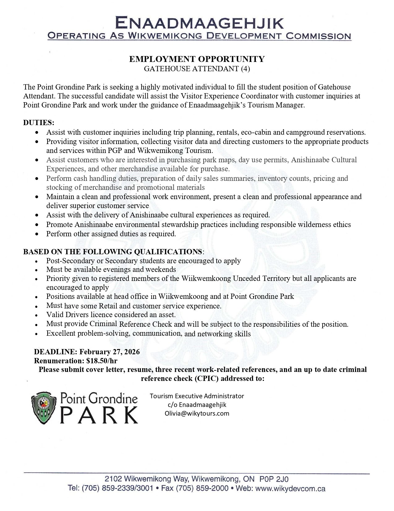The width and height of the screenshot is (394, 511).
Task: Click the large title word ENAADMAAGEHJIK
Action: pyautogui.click(x=199, y=23)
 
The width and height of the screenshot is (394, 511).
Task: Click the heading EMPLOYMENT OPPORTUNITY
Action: pyautogui.click(x=197, y=59)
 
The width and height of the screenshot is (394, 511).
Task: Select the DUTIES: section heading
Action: pyautogui.click(x=39, y=123)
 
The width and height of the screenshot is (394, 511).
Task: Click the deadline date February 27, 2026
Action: pyautogui.click(x=109, y=352)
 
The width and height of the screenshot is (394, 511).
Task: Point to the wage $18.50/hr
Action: pyautogui.click(x=102, y=361)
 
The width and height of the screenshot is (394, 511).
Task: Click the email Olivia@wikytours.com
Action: pyautogui.click(x=197, y=413)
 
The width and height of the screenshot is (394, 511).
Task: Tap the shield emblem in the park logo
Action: pyautogui.click(x=44, y=408)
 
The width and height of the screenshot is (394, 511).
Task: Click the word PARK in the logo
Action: pyautogui.click(x=99, y=415)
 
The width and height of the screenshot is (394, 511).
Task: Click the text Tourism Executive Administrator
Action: pyautogui.click(x=197, y=396)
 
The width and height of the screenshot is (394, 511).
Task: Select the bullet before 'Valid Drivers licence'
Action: pyautogui.click(x=37, y=316)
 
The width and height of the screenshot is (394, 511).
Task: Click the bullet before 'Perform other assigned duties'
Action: pyautogui.click(x=37, y=234)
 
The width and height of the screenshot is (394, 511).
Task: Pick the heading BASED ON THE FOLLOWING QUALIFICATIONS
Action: pyautogui.click(x=112, y=251)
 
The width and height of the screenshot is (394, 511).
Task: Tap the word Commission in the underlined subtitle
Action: pyautogui.click(x=318, y=36)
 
